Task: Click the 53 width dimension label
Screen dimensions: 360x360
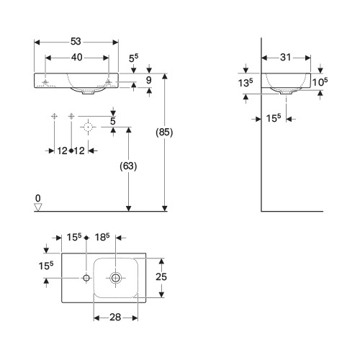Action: [76, 42]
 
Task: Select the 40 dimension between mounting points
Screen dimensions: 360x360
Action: [77, 58]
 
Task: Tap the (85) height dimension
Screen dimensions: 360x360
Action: [164, 132]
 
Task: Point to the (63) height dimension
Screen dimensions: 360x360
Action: [128, 166]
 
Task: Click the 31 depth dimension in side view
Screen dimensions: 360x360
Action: [286, 58]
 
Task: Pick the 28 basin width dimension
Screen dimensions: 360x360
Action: [115, 318]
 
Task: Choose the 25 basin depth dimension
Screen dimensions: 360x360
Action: [161, 276]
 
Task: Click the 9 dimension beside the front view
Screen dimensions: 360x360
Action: [149, 80]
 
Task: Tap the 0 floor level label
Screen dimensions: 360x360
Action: [38, 199]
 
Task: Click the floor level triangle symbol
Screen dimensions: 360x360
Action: [38, 207]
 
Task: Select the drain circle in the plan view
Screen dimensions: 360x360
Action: [116, 278]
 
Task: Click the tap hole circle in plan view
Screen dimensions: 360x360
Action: [86, 278]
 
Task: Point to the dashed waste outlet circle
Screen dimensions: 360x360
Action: [88, 127]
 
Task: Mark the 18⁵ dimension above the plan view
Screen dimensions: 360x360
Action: [102, 237]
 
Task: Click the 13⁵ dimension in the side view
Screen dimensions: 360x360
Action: [246, 83]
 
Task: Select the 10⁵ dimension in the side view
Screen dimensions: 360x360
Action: [320, 82]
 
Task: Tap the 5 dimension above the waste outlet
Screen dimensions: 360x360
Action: [113, 121]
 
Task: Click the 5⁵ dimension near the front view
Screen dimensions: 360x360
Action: [133, 58]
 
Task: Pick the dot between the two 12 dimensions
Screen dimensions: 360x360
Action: [71, 150]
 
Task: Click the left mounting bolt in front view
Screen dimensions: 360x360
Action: [45, 82]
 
